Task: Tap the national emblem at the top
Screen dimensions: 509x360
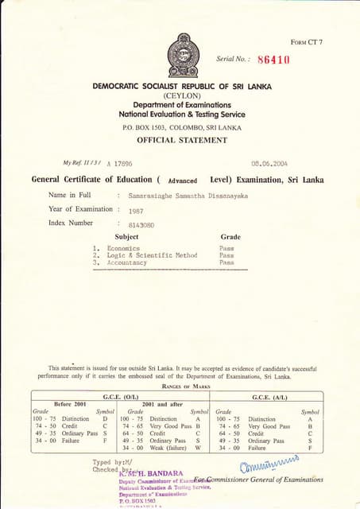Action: tap(183, 54)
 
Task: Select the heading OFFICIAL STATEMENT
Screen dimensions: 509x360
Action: tap(182, 140)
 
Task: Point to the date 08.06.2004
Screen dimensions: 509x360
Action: tap(268, 162)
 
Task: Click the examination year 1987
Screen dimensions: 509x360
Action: tap(136, 212)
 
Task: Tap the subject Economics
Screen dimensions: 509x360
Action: tap(123, 248)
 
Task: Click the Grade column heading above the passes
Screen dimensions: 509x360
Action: tap(230, 237)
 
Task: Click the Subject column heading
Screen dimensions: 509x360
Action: tap(126, 237)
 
